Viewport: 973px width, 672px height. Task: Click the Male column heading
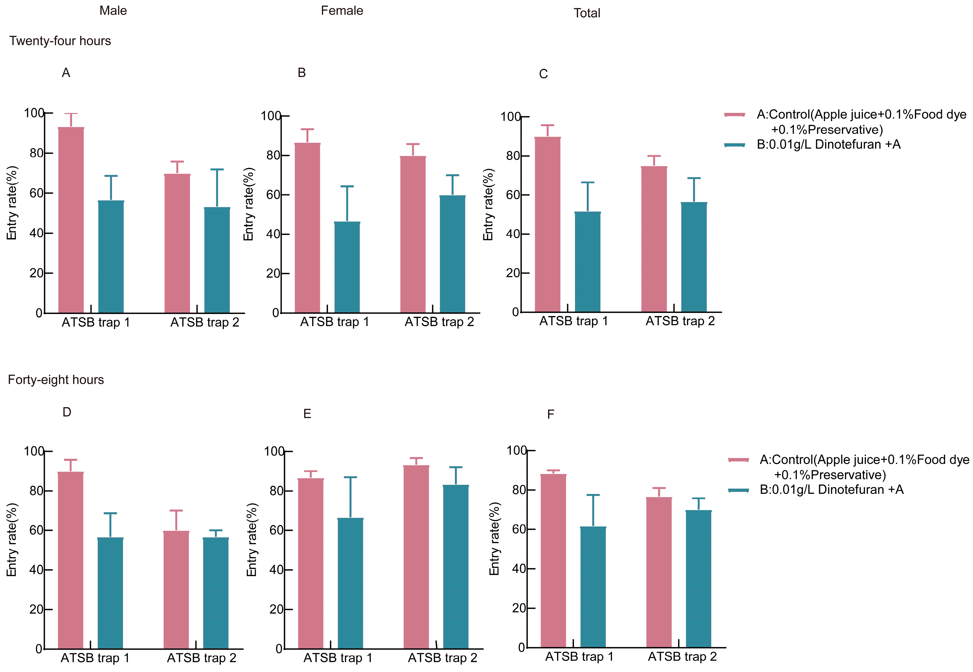(x=113, y=11)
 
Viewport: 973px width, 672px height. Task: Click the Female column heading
(x=342, y=11)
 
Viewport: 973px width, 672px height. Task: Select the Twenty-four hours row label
(x=60, y=41)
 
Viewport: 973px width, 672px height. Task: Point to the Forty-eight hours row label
(x=56, y=380)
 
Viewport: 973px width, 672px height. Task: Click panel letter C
(x=543, y=74)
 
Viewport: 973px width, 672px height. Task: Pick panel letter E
(x=307, y=414)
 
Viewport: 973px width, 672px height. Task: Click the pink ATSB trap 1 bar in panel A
(x=71, y=220)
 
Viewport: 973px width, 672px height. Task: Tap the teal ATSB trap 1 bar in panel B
(x=347, y=267)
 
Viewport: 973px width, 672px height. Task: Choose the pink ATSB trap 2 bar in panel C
(x=654, y=239)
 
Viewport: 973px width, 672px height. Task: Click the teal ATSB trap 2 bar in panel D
(x=216, y=593)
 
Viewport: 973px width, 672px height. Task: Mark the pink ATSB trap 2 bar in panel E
(x=416, y=557)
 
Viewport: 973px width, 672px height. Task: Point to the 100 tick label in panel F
(x=517, y=451)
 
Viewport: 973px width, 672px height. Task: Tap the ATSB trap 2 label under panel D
(x=202, y=658)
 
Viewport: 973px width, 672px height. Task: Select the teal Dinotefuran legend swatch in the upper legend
(x=735, y=145)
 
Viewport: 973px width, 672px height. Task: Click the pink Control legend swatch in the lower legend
(x=739, y=460)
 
